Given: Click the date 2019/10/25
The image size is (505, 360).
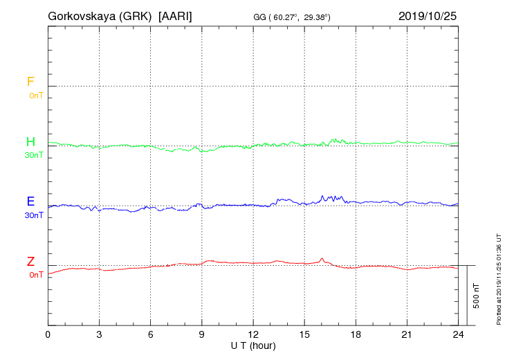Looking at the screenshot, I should coord(428,15).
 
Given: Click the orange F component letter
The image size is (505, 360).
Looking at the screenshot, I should coord(30,82).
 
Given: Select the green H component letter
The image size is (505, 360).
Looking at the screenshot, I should coord(30,142).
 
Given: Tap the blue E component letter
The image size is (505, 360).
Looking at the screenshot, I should coord(30,201).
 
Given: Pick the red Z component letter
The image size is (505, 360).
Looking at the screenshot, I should coord(30,262).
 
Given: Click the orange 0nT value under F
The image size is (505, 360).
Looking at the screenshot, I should coord(35,95).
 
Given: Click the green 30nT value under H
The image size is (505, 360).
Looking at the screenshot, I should coord(33,155).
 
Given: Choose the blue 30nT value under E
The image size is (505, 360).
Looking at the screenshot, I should coord(33,215).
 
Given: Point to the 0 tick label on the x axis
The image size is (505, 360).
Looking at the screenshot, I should coord(48,335).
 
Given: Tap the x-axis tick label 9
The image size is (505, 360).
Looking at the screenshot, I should coord(202,335).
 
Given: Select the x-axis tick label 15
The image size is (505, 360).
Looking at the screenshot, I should coord(304,335).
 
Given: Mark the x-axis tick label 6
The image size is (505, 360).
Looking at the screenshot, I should coord(151,335).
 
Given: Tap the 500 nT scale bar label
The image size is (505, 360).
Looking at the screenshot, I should coord(476,296).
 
